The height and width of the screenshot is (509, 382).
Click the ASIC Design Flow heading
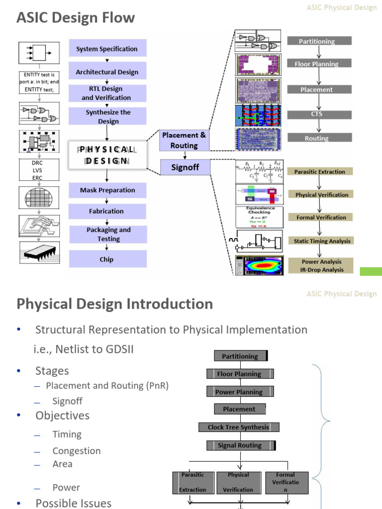point(76,18)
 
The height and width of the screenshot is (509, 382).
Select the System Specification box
point(107,49)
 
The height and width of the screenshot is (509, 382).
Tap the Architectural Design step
point(107,72)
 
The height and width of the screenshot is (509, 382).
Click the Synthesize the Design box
point(108,117)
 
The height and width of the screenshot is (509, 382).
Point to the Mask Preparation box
point(107,190)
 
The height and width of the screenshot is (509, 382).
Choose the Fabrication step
point(106,211)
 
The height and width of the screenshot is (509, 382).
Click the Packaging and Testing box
point(108,234)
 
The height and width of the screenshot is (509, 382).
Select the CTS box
point(319,114)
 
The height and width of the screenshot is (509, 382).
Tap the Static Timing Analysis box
point(322,241)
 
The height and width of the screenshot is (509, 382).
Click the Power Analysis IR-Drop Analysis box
point(322,265)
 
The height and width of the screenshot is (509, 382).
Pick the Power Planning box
point(239,392)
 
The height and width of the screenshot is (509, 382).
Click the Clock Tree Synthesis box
point(238,427)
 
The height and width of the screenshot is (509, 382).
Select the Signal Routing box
point(239,445)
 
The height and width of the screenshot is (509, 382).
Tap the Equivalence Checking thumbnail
point(259,217)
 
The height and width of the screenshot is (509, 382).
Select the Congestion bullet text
point(77,451)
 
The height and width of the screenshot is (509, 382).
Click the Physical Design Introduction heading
point(115,304)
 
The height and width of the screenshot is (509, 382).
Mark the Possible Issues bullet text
point(73,503)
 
